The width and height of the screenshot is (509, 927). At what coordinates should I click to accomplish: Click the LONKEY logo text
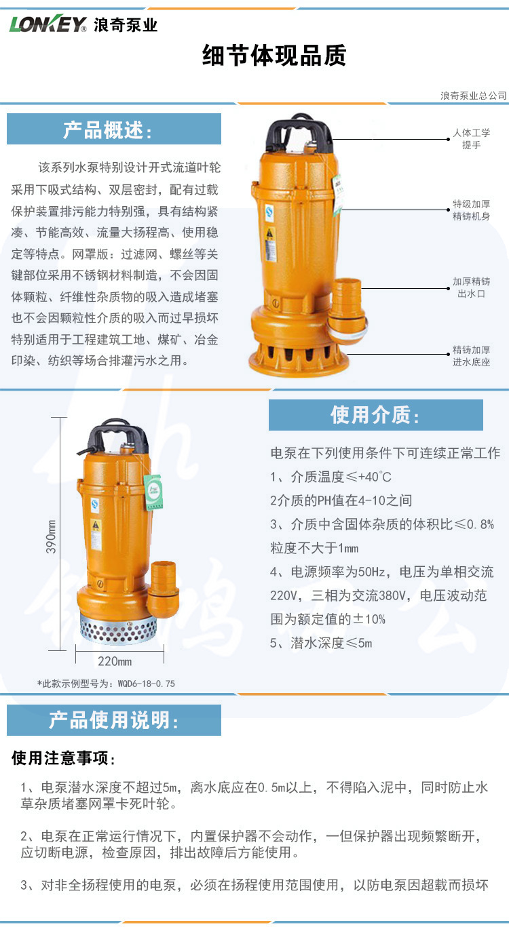click(x=48, y=24)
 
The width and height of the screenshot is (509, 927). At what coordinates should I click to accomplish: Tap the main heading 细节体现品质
click(x=274, y=55)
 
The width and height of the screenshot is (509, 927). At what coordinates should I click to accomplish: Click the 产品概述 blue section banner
click(x=114, y=129)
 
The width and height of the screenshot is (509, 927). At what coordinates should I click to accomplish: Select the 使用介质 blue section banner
click(x=375, y=414)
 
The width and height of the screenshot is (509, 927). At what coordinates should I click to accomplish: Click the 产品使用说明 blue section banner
click(x=114, y=720)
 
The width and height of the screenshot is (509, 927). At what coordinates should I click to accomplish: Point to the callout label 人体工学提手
click(x=471, y=138)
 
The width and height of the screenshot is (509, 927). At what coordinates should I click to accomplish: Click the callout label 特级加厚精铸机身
click(x=471, y=210)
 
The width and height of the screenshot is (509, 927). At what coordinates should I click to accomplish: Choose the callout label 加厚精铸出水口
click(x=471, y=288)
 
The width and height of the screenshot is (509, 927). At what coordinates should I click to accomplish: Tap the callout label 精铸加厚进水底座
click(x=471, y=356)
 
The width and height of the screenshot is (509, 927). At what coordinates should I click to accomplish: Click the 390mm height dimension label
click(x=51, y=537)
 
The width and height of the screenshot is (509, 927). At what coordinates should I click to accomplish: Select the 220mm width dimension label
click(x=115, y=661)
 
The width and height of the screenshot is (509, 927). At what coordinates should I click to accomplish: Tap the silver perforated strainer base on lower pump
click(x=118, y=628)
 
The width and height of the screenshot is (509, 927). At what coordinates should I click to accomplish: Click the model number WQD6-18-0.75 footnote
click(x=106, y=684)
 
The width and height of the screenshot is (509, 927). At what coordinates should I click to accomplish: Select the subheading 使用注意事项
click(x=63, y=758)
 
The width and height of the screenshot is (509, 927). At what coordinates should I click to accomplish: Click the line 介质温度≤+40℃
click(x=331, y=477)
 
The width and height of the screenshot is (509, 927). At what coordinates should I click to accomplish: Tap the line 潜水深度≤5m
click(x=321, y=643)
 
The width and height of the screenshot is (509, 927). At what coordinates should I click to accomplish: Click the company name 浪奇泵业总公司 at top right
click(x=474, y=96)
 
